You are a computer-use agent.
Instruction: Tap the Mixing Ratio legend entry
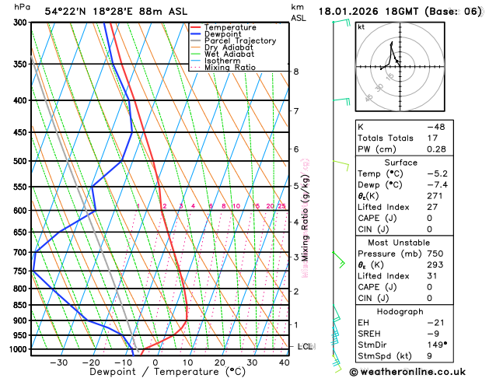[230, 67]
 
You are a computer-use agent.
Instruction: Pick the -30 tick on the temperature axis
[58, 362]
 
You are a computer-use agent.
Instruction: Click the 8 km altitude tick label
[295, 72]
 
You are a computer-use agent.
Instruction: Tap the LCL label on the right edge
[305, 346]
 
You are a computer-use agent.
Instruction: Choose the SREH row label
[371, 332]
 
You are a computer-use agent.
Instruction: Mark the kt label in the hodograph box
[361, 26]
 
